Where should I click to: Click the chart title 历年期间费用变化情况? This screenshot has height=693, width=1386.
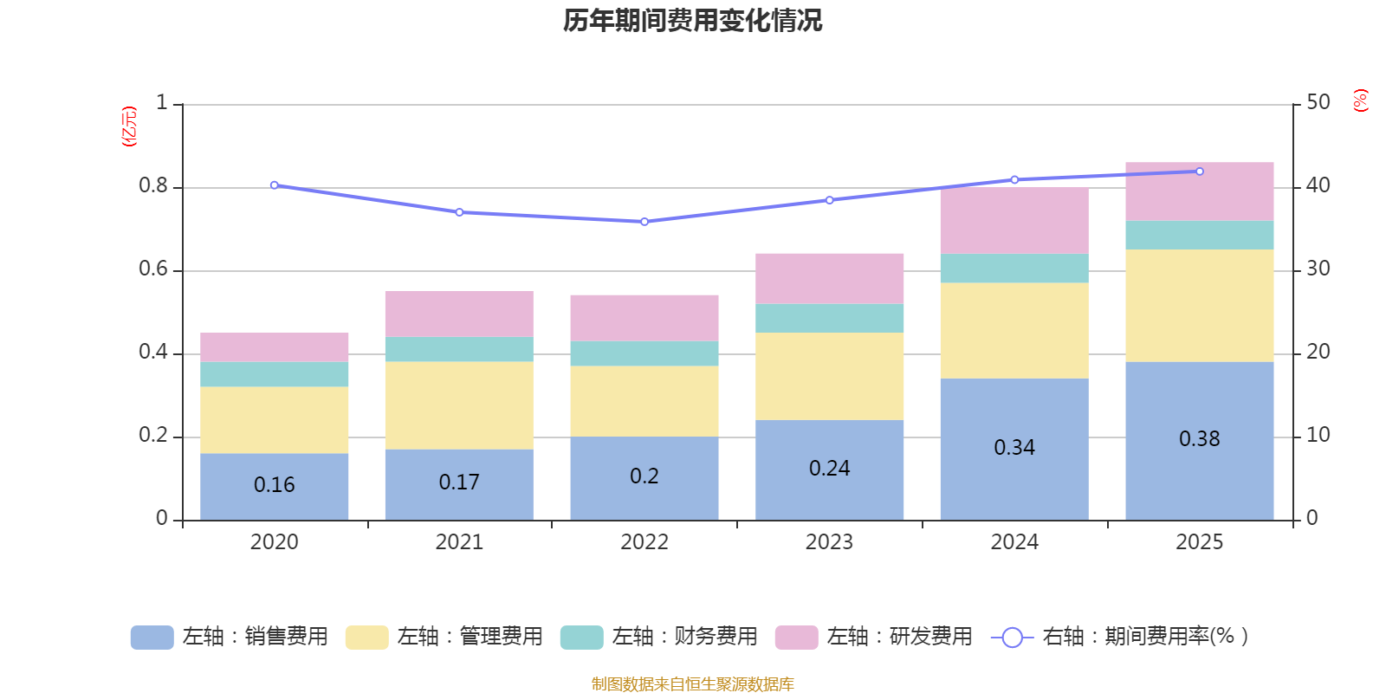[x=692, y=20]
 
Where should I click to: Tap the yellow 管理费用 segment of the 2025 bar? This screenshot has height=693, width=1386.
[x=1199, y=305]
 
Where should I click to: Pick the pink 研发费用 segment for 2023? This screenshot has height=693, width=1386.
[x=829, y=278]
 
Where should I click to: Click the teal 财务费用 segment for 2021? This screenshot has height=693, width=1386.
[x=459, y=349]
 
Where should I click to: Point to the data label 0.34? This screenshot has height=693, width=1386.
[x=1014, y=448]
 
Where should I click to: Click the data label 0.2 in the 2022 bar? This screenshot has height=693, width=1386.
[x=644, y=476]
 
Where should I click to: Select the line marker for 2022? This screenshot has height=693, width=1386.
[x=644, y=222]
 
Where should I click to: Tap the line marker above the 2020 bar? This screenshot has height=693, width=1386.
[x=275, y=185]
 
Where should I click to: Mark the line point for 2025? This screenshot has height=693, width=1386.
[x=1200, y=172]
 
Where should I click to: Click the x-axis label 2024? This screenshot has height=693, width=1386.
[x=1014, y=542]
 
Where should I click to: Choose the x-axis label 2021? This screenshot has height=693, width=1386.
[x=459, y=542]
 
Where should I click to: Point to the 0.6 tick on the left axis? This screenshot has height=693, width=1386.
[x=152, y=269]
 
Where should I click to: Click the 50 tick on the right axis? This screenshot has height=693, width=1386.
[x=1318, y=103]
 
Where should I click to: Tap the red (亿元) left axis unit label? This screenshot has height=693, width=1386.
[x=129, y=126]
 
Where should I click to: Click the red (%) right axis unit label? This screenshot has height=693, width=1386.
[x=1361, y=100]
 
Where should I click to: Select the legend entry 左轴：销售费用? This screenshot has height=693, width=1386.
[x=230, y=637]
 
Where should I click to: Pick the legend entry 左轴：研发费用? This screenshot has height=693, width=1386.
[x=874, y=637]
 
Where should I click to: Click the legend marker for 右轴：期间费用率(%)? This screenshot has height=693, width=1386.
[x=1012, y=638]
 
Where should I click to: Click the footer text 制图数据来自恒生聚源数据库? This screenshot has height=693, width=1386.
[x=692, y=684]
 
